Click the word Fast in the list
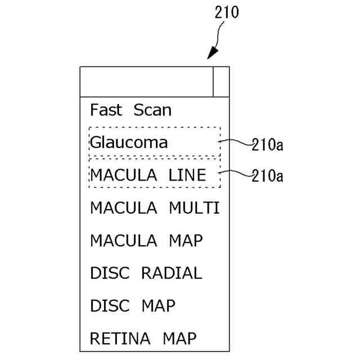(106, 109)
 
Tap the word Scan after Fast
(152, 109)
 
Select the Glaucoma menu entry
(129, 142)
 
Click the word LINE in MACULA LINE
(188, 175)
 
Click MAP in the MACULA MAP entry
(186, 240)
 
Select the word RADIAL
(171, 273)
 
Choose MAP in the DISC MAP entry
(158, 306)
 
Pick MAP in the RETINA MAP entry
(180, 339)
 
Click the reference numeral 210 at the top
(227, 12)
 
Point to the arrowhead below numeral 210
(213, 54)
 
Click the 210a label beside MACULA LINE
(267, 176)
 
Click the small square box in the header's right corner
(221, 82)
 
